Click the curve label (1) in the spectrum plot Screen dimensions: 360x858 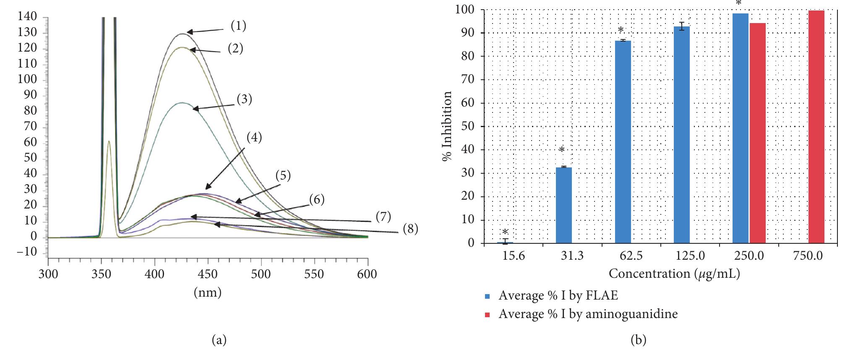coord(238,26)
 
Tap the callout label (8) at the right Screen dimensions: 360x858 coord(410,229)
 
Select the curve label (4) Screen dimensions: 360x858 coord(254,137)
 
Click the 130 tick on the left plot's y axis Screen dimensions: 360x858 coord(27,32)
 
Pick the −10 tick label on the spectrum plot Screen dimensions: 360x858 coord(27,252)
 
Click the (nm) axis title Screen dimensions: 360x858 coord(207,292)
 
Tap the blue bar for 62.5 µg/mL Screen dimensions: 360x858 coord(623,141)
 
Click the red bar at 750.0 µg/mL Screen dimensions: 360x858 coord(816,127)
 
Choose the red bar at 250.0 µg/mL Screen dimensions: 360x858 coord(757,133)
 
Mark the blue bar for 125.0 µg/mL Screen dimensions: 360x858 coord(681,134)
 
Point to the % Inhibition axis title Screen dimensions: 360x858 coord(447,126)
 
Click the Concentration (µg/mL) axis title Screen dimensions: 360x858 coord(674,274)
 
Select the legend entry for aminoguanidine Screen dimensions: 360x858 coord(587,314)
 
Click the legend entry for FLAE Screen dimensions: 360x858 coord(558,295)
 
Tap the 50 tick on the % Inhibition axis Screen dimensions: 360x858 coord(468,126)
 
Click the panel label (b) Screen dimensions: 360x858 coord(638,339)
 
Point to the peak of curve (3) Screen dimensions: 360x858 coord(181,102)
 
